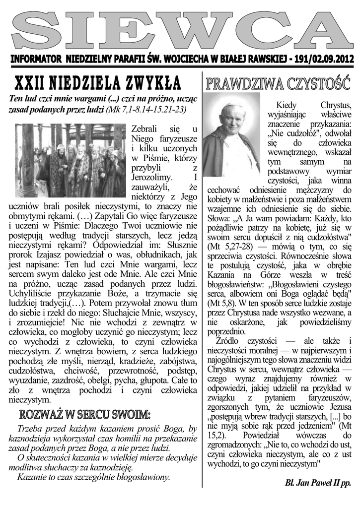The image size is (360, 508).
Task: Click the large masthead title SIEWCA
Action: [x=180, y=30]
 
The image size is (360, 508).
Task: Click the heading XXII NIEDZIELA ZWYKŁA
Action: [x=98, y=81]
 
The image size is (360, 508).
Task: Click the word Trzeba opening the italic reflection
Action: [x=31, y=429]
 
